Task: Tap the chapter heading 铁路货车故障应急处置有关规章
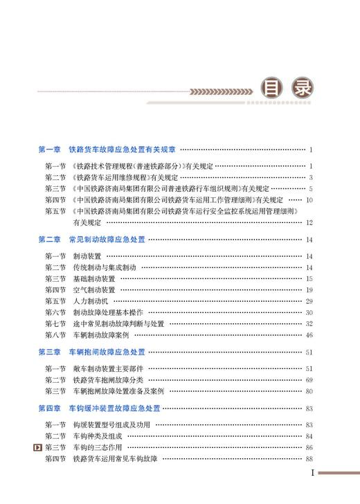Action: point(123,150)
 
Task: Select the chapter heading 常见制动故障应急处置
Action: point(107,239)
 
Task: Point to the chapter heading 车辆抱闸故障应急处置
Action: point(107,352)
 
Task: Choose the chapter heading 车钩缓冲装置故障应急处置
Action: point(115,408)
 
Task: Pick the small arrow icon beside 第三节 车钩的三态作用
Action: point(37,448)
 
